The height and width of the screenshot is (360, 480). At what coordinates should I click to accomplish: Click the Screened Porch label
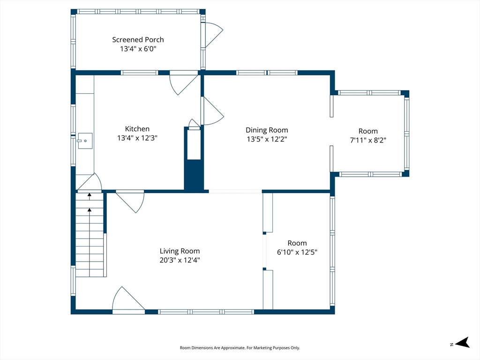click(138, 39)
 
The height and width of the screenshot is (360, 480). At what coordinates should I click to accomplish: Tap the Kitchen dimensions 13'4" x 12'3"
click(137, 138)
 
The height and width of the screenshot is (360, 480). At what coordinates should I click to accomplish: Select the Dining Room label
click(267, 130)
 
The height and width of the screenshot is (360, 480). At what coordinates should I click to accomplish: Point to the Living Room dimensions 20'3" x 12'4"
click(180, 260)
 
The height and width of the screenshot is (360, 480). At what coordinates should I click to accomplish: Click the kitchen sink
click(85, 141)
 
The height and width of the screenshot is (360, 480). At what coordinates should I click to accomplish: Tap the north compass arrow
click(462, 343)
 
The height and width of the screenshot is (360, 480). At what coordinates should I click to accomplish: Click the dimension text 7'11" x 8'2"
click(368, 140)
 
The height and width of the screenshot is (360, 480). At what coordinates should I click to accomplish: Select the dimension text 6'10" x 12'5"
click(297, 252)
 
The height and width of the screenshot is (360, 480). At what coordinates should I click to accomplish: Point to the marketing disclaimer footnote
click(240, 348)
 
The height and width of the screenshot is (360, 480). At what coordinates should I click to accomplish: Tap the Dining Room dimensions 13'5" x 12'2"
click(267, 139)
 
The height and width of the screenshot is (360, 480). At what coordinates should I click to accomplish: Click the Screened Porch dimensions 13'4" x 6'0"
click(138, 49)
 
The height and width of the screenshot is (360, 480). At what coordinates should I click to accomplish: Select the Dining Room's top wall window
click(267, 73)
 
